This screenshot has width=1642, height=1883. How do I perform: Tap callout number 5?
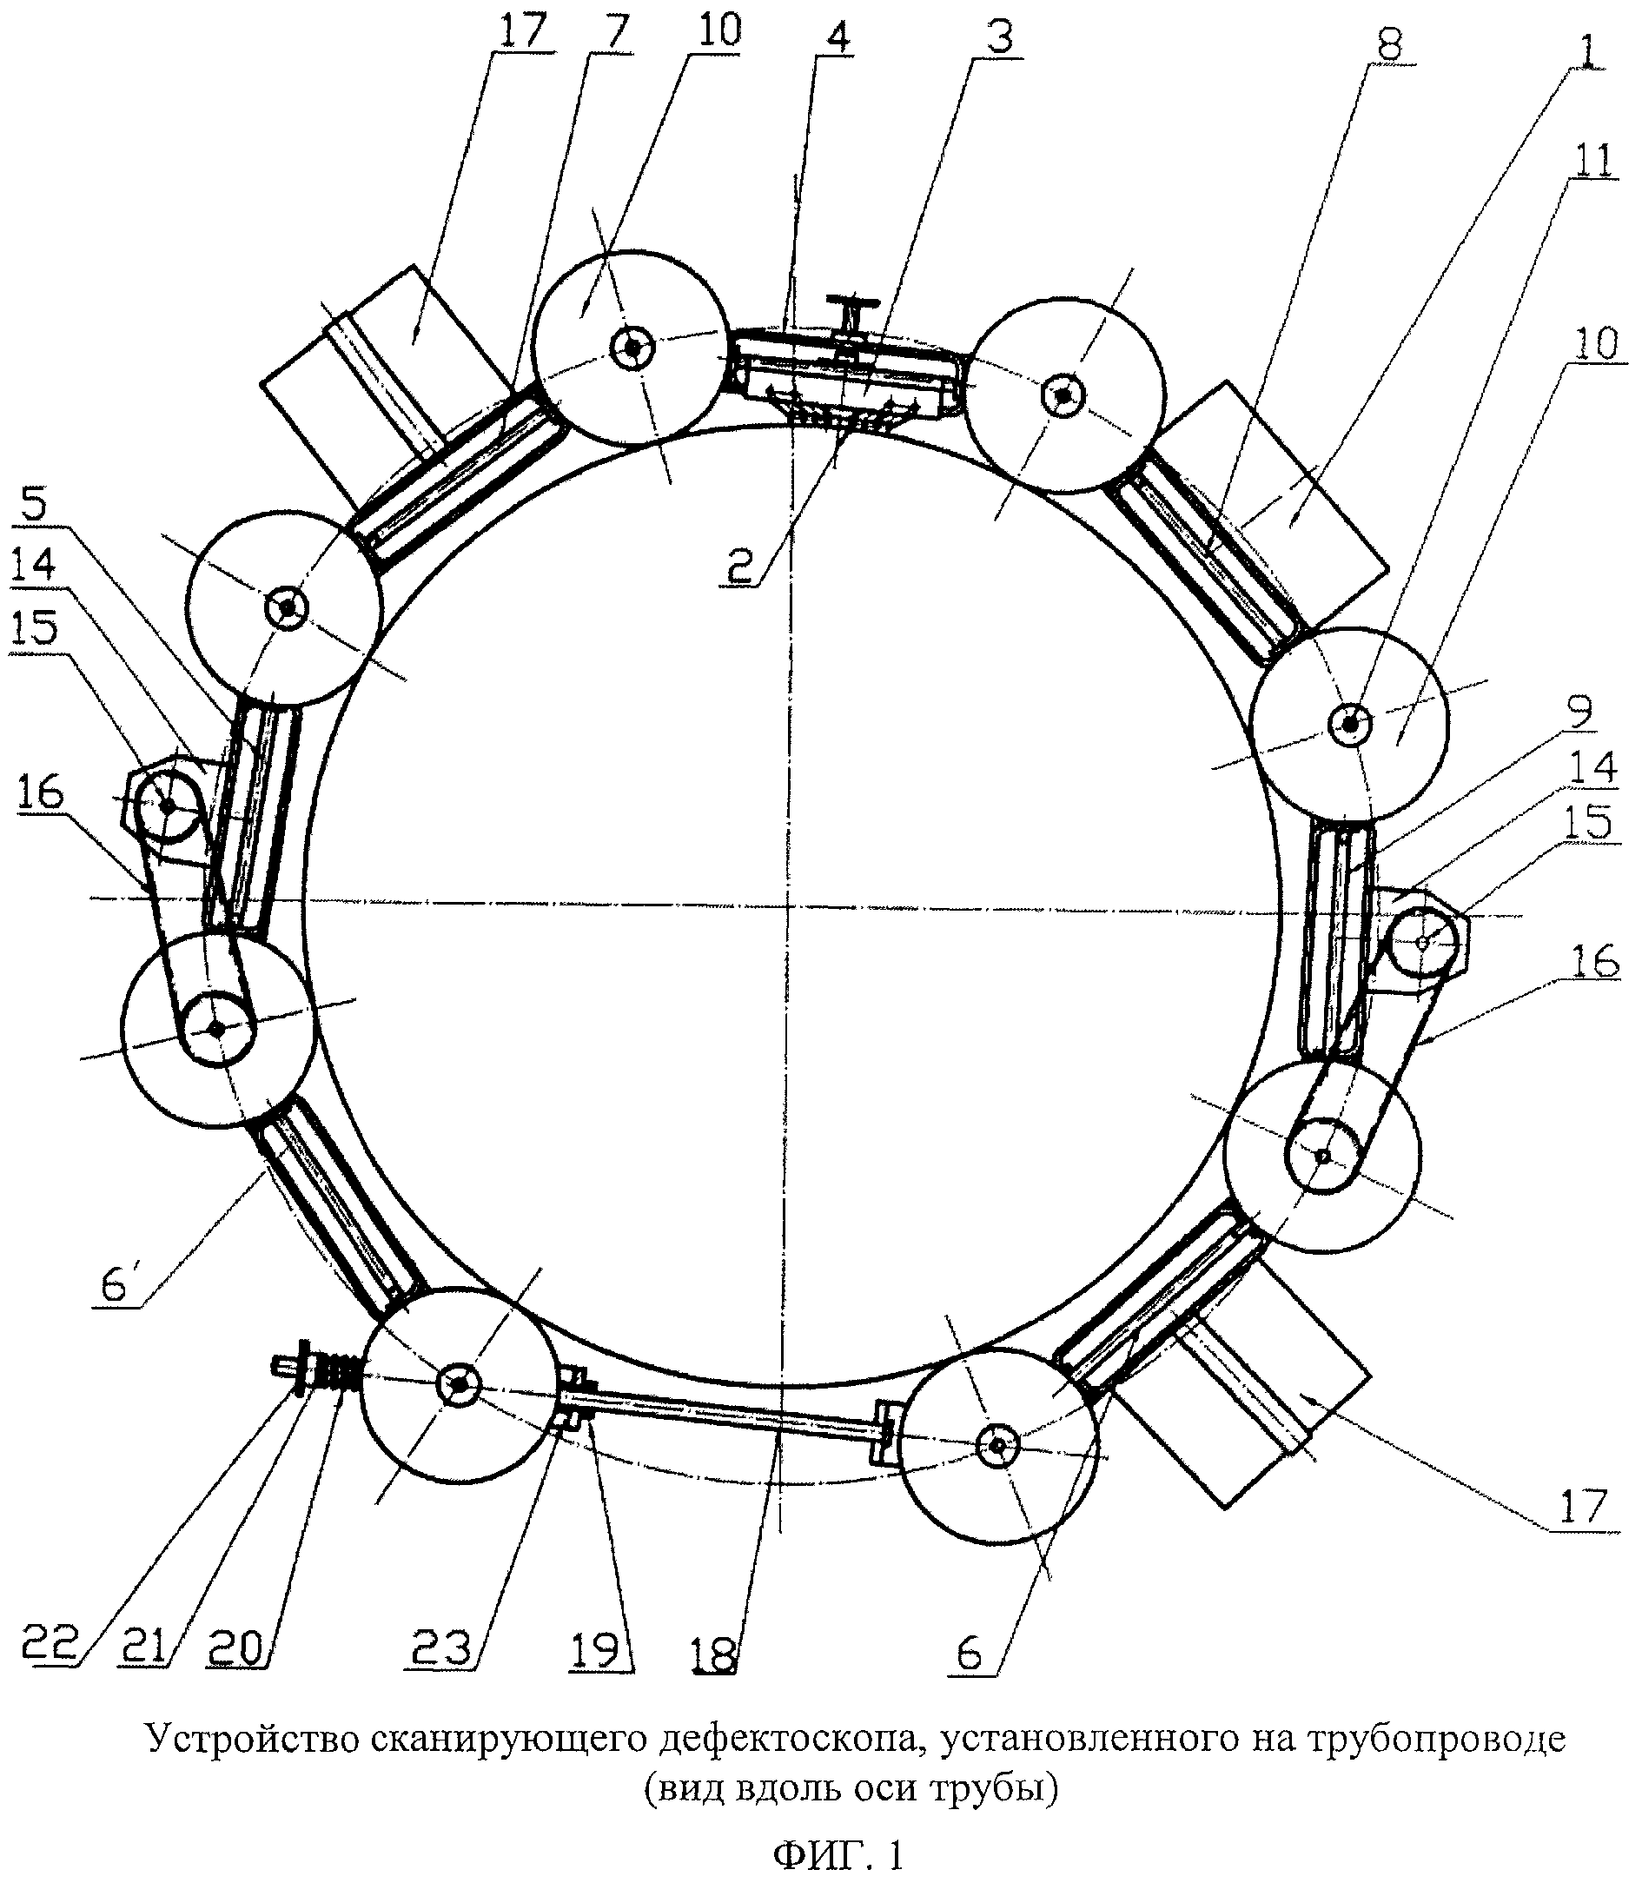point(34,502)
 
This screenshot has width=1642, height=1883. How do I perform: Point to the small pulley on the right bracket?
point(1423,941)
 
